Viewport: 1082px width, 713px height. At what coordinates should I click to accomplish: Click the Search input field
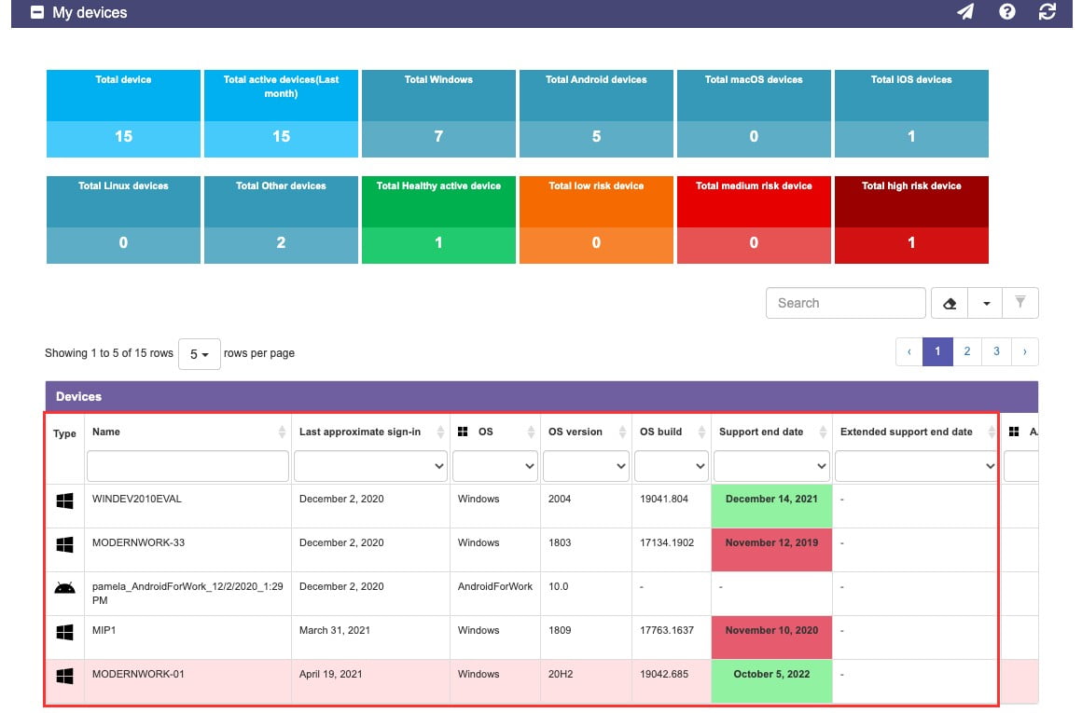(845, 303)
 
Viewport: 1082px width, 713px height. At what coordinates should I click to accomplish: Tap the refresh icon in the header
(1047, 12)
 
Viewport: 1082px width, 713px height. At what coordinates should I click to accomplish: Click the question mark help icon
(1006, 12)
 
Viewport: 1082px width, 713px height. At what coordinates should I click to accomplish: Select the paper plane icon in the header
(965, 12)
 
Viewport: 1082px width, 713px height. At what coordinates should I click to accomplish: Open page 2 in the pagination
(966, 351)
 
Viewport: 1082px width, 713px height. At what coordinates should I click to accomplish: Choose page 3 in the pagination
(996, 351)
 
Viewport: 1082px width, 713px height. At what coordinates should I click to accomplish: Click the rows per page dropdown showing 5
(200, 354)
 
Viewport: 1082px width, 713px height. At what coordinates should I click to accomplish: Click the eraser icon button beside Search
(950, 303)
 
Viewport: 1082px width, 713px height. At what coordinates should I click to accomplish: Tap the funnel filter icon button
(1020, 303)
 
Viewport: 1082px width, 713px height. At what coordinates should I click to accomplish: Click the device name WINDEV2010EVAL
(136, 499)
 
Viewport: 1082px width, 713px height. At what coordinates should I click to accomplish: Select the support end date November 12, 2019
(771, 542)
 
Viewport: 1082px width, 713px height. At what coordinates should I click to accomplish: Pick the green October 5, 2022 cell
(771, 680)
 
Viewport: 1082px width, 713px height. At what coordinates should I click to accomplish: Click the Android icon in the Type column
(65, 587)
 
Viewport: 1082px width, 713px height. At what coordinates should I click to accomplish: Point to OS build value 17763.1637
(667, 630)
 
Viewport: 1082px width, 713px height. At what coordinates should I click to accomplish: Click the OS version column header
(575, 432)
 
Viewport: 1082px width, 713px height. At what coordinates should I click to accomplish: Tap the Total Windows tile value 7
(438, 136)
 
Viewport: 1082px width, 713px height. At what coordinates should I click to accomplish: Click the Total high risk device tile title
(911, 185)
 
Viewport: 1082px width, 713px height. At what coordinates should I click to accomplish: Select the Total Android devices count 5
(596, 136)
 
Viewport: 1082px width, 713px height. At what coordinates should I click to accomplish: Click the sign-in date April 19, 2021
(330, 674)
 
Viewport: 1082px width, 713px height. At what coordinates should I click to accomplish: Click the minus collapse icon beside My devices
(37, 12)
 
